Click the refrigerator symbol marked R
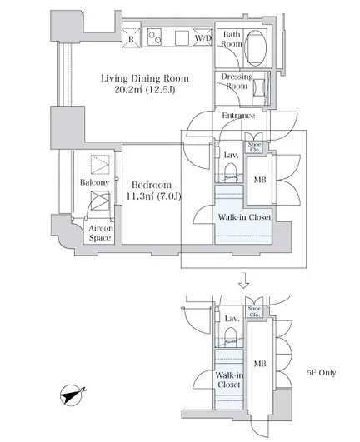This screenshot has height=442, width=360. click(x=131, y=38)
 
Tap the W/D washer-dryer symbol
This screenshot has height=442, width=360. click(x=202, y=37)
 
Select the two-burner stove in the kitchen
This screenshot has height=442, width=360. click(x=155, y=37)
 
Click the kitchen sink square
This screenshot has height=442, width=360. click(x=182, y=38)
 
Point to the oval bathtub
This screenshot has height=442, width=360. click(x=255, y=48)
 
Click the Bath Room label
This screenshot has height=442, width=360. click(x=232, y=39)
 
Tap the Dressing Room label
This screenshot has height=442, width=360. click(x=237, y=82)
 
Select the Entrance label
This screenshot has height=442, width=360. click(x=238, y=116)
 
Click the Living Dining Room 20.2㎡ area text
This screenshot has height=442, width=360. click(x=145, y=84)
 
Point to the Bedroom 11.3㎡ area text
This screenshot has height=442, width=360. click(x=152, y=191)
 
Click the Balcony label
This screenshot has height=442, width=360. click(x=94, y=182)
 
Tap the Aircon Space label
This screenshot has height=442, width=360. click(x=101, y=233)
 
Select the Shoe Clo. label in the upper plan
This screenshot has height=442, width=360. click(x=254, y=147)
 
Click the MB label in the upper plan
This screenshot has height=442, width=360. click(x=260, y=180)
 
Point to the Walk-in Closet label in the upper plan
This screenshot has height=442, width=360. click(x=245, y=217)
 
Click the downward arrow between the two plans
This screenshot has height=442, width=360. click(x=244, y=281)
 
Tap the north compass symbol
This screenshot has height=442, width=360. click(x=72, y=395)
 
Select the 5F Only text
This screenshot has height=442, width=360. click(x=322, y=373)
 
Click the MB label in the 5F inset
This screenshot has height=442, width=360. click(x=260, y=364)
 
